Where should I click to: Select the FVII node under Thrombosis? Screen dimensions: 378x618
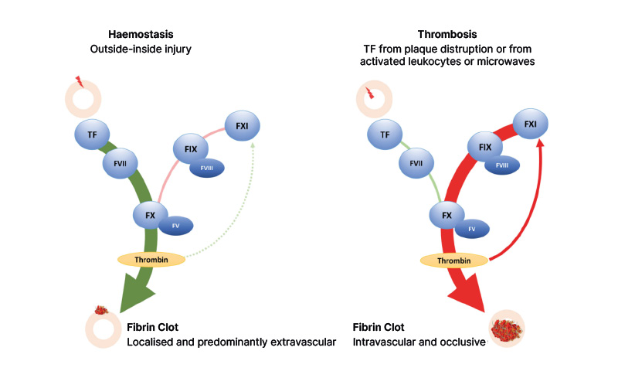pos(416,163)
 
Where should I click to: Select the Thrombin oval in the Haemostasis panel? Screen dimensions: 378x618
pos(151,259)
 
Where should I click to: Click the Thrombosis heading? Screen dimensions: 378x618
pos(447,34)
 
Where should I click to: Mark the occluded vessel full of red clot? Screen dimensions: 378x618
pos(506,328)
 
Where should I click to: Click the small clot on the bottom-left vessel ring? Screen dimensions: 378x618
pos(100,311)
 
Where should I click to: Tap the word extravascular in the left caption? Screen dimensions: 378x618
pos(300,341)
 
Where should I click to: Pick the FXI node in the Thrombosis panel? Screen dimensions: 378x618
pos(531,124)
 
